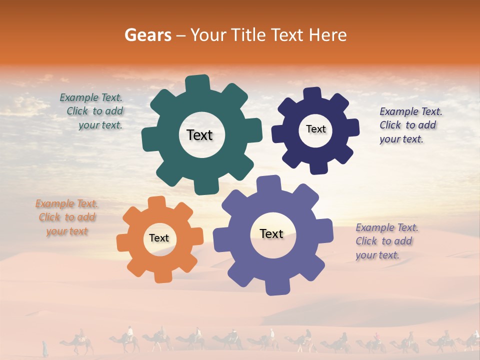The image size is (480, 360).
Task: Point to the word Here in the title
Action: pos(327,35)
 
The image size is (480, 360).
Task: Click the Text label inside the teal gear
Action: pos(199,135)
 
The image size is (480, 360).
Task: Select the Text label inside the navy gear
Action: pos(315,129)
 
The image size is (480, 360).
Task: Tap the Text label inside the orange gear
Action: pos(159,238)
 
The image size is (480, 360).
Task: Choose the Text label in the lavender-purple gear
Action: pos(271,233)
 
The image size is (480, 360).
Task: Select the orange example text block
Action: pos(67,217)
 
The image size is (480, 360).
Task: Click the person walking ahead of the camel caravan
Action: pos(44,347)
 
